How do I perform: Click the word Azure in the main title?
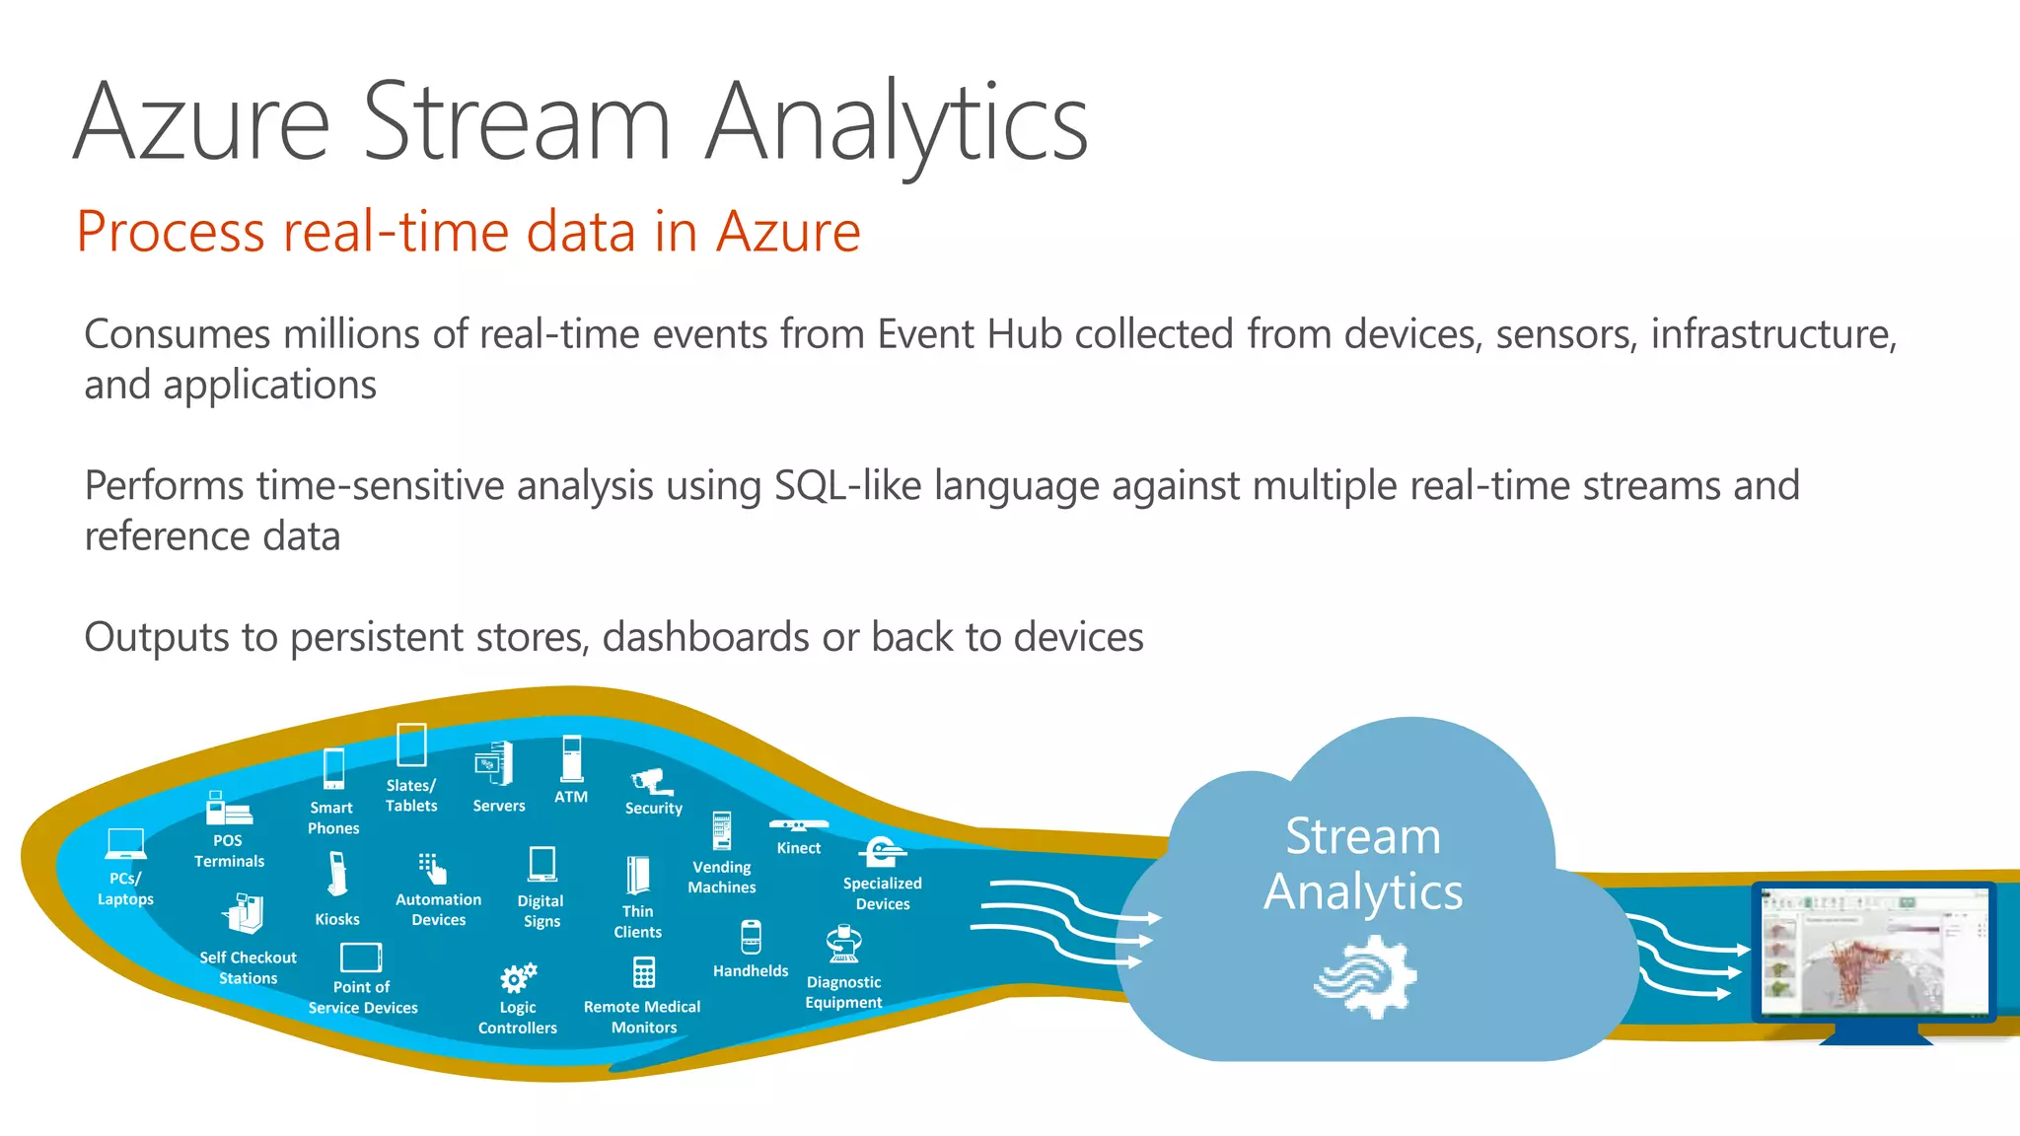coord(202,122)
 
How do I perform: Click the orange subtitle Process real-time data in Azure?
coord(469,232)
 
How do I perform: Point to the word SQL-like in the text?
coord(847,486)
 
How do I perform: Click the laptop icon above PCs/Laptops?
coord(125,844)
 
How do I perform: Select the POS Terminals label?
coord(229,851)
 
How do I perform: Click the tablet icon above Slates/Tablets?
coord(411,745)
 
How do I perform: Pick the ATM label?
coord(571,797)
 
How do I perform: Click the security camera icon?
coord(652,782)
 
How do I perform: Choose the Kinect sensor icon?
coord(798,825)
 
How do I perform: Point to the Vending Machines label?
coord(722,877)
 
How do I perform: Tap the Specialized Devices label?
coord(882,893)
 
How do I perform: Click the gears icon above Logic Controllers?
coord(518,977)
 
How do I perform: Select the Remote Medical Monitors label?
coord(642,1017)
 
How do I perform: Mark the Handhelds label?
coord(751,971)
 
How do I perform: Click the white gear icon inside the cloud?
coord(1367,976)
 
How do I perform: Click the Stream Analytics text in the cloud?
coord(1363,864)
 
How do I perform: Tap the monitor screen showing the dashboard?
coord(1875,952)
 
